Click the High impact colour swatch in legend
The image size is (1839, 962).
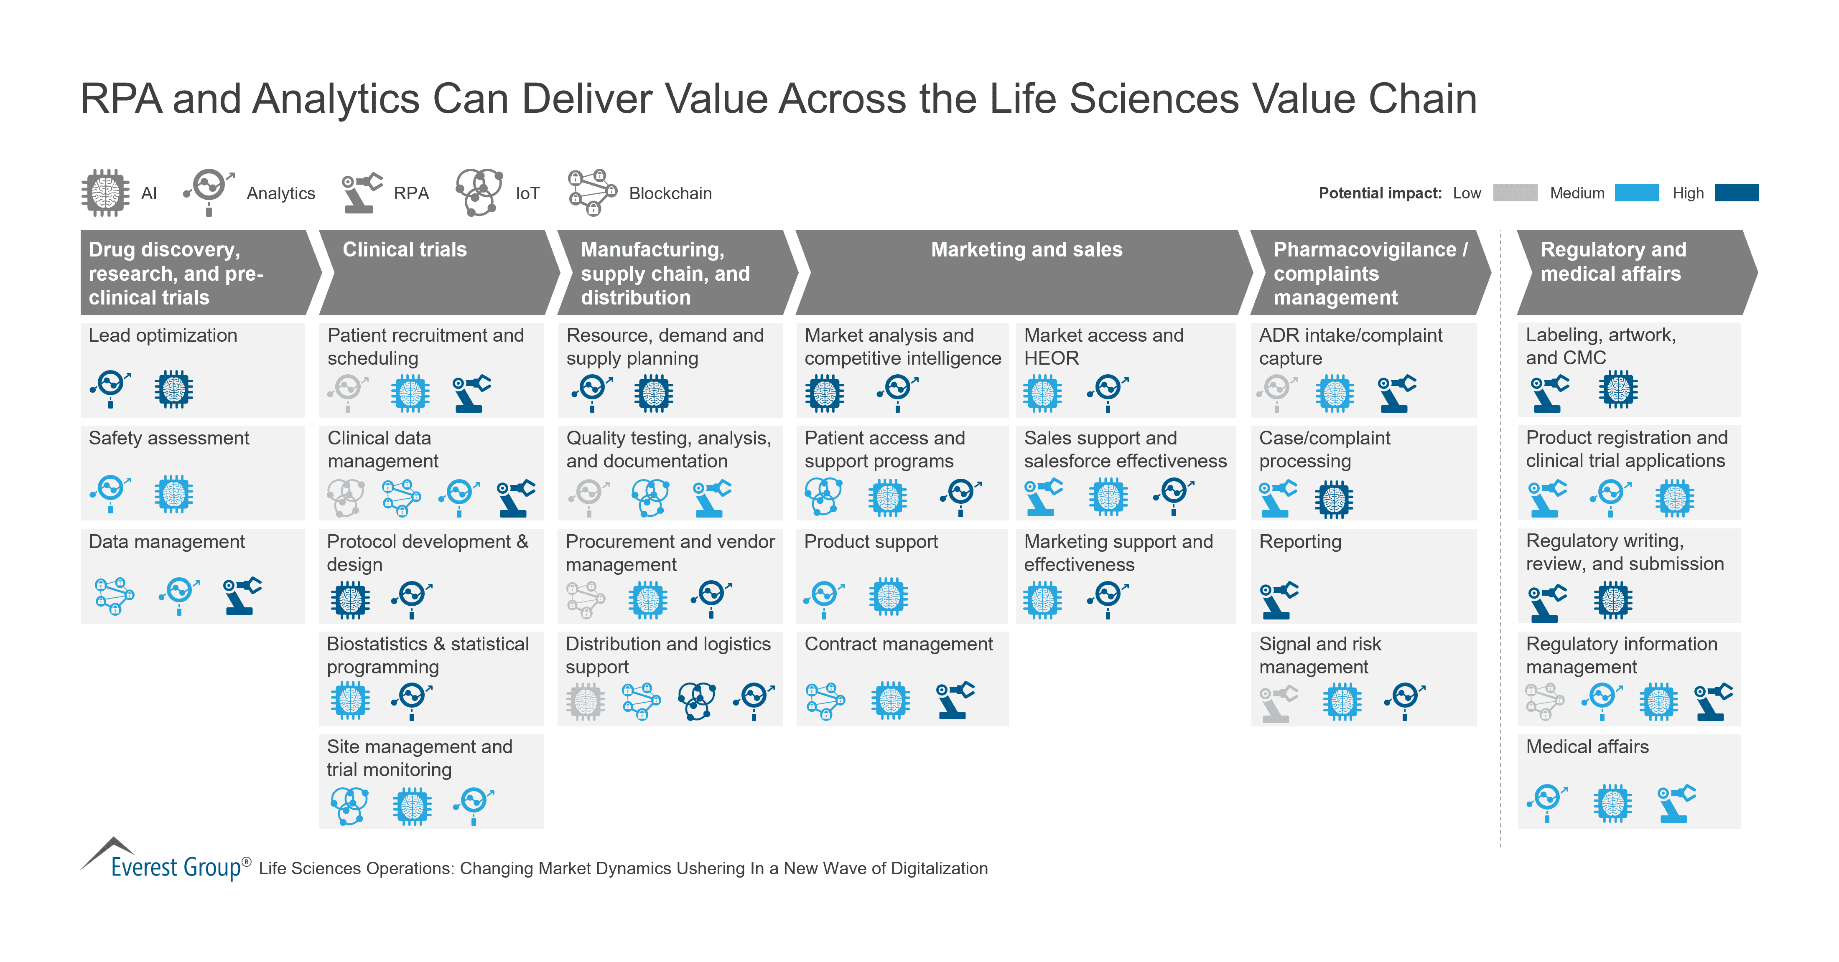(1736, 193)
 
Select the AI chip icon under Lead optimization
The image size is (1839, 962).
(173, 389)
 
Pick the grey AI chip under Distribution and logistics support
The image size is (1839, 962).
(586, 701)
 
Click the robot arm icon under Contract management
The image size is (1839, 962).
(955, 699)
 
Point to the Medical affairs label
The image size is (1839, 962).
(1587, 746)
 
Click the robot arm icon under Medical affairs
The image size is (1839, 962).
(1676, 804)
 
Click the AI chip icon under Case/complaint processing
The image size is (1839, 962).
(1334, 499)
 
